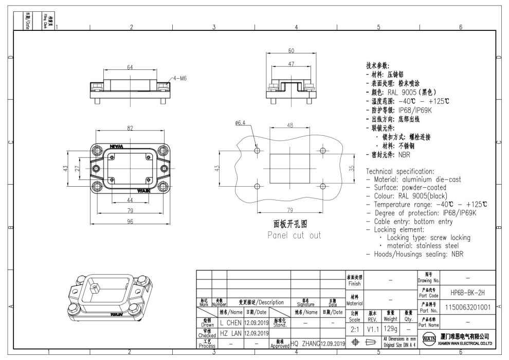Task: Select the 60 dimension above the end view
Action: tap(291, 51)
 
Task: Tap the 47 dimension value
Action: tap(291, 64)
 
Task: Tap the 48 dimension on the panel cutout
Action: tap(290, 125)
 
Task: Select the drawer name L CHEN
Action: tap(231, 322)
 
